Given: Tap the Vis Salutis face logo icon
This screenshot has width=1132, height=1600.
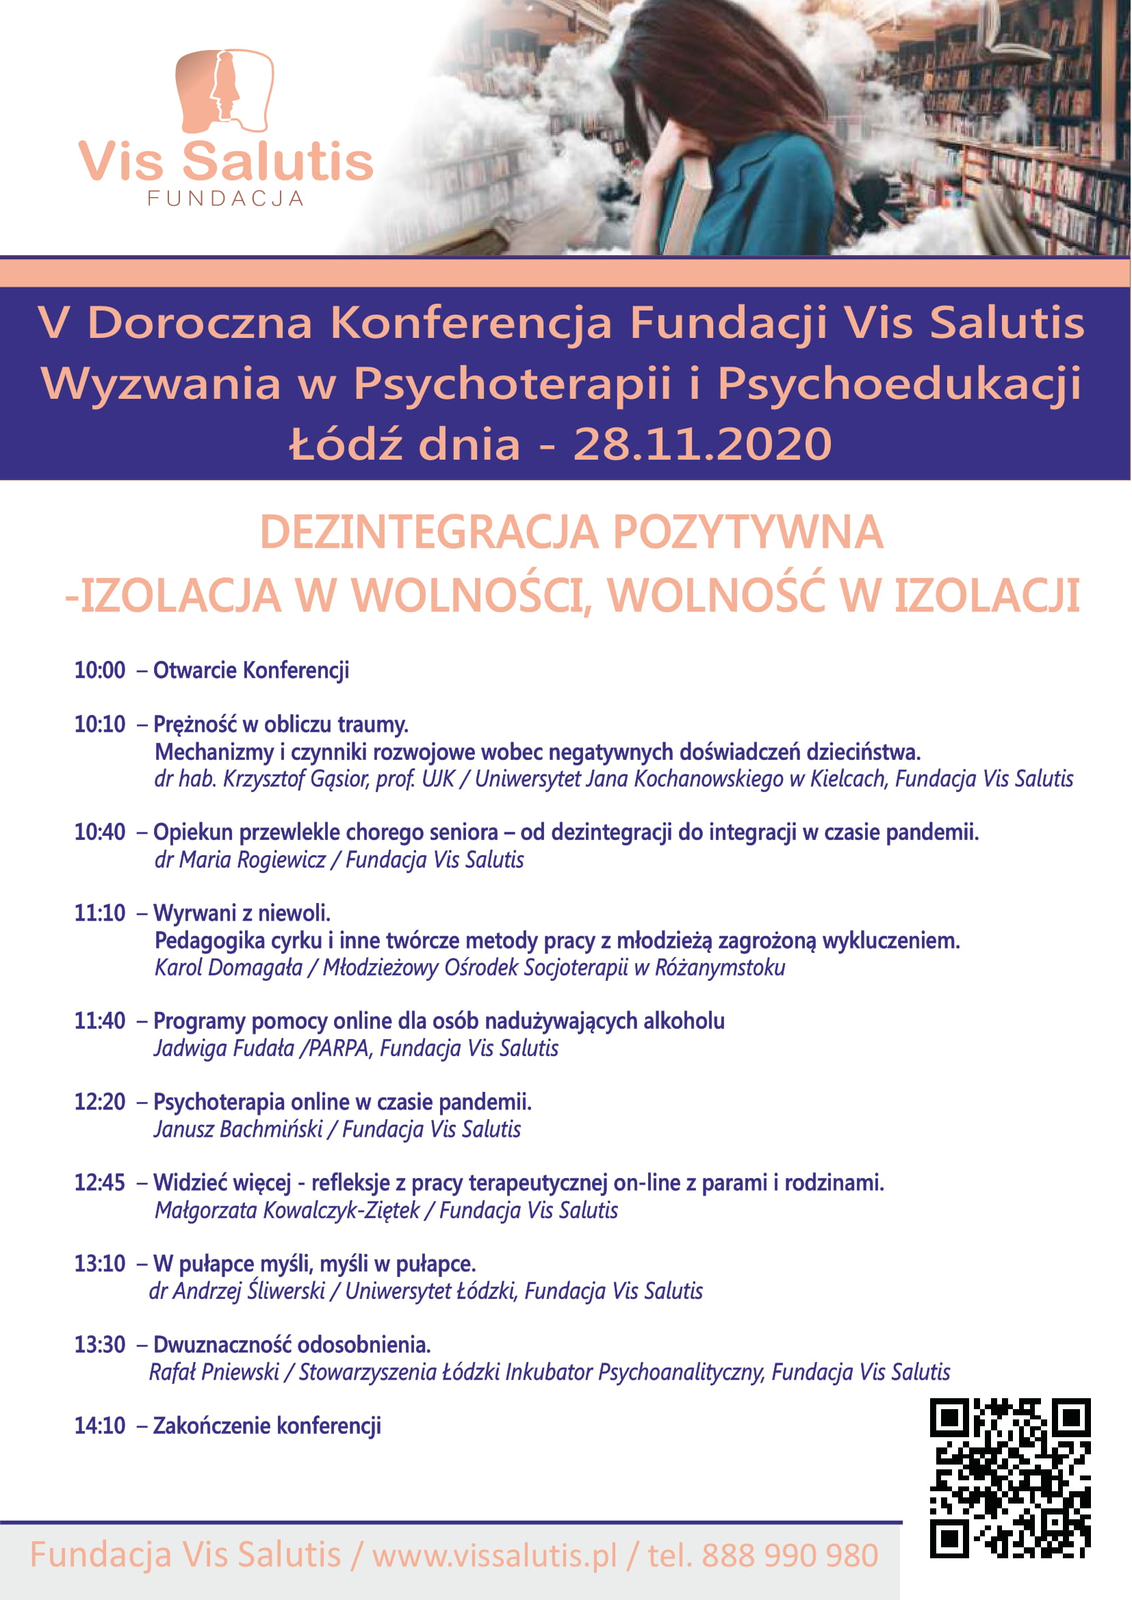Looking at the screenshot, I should click(x=224, y=90).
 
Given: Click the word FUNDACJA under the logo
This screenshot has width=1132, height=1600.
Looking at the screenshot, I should click(x=226, y=198).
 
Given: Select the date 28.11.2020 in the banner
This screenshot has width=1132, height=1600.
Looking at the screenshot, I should click(x=702, y=444).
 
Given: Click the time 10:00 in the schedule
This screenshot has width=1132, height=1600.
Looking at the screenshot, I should click(x=100, y=670).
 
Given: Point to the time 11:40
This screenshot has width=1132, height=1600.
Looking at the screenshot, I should click(x=100, y=1021).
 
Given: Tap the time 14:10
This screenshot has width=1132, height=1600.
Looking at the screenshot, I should click(x=100, y=1425).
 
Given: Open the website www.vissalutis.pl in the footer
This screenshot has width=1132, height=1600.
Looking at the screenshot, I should click(x=494, y=1556).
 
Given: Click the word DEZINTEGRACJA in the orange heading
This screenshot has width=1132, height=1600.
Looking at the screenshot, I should click(x=428, y=533).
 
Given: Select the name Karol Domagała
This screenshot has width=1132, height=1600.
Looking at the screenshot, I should click(x=229, y=968).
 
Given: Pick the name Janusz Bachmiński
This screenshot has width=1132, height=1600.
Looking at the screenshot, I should click(x=238, y=1129).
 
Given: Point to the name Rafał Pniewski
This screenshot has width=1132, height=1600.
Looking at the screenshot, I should click(x=214, y=1372).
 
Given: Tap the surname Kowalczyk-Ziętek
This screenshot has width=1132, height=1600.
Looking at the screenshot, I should click(x=342, y=1211).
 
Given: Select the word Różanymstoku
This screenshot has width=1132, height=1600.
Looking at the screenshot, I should click(x=719, y=968).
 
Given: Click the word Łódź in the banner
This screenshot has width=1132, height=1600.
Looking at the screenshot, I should click(x=346, y=444).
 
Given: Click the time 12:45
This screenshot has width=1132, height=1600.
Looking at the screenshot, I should click(x=100, y=1183).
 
